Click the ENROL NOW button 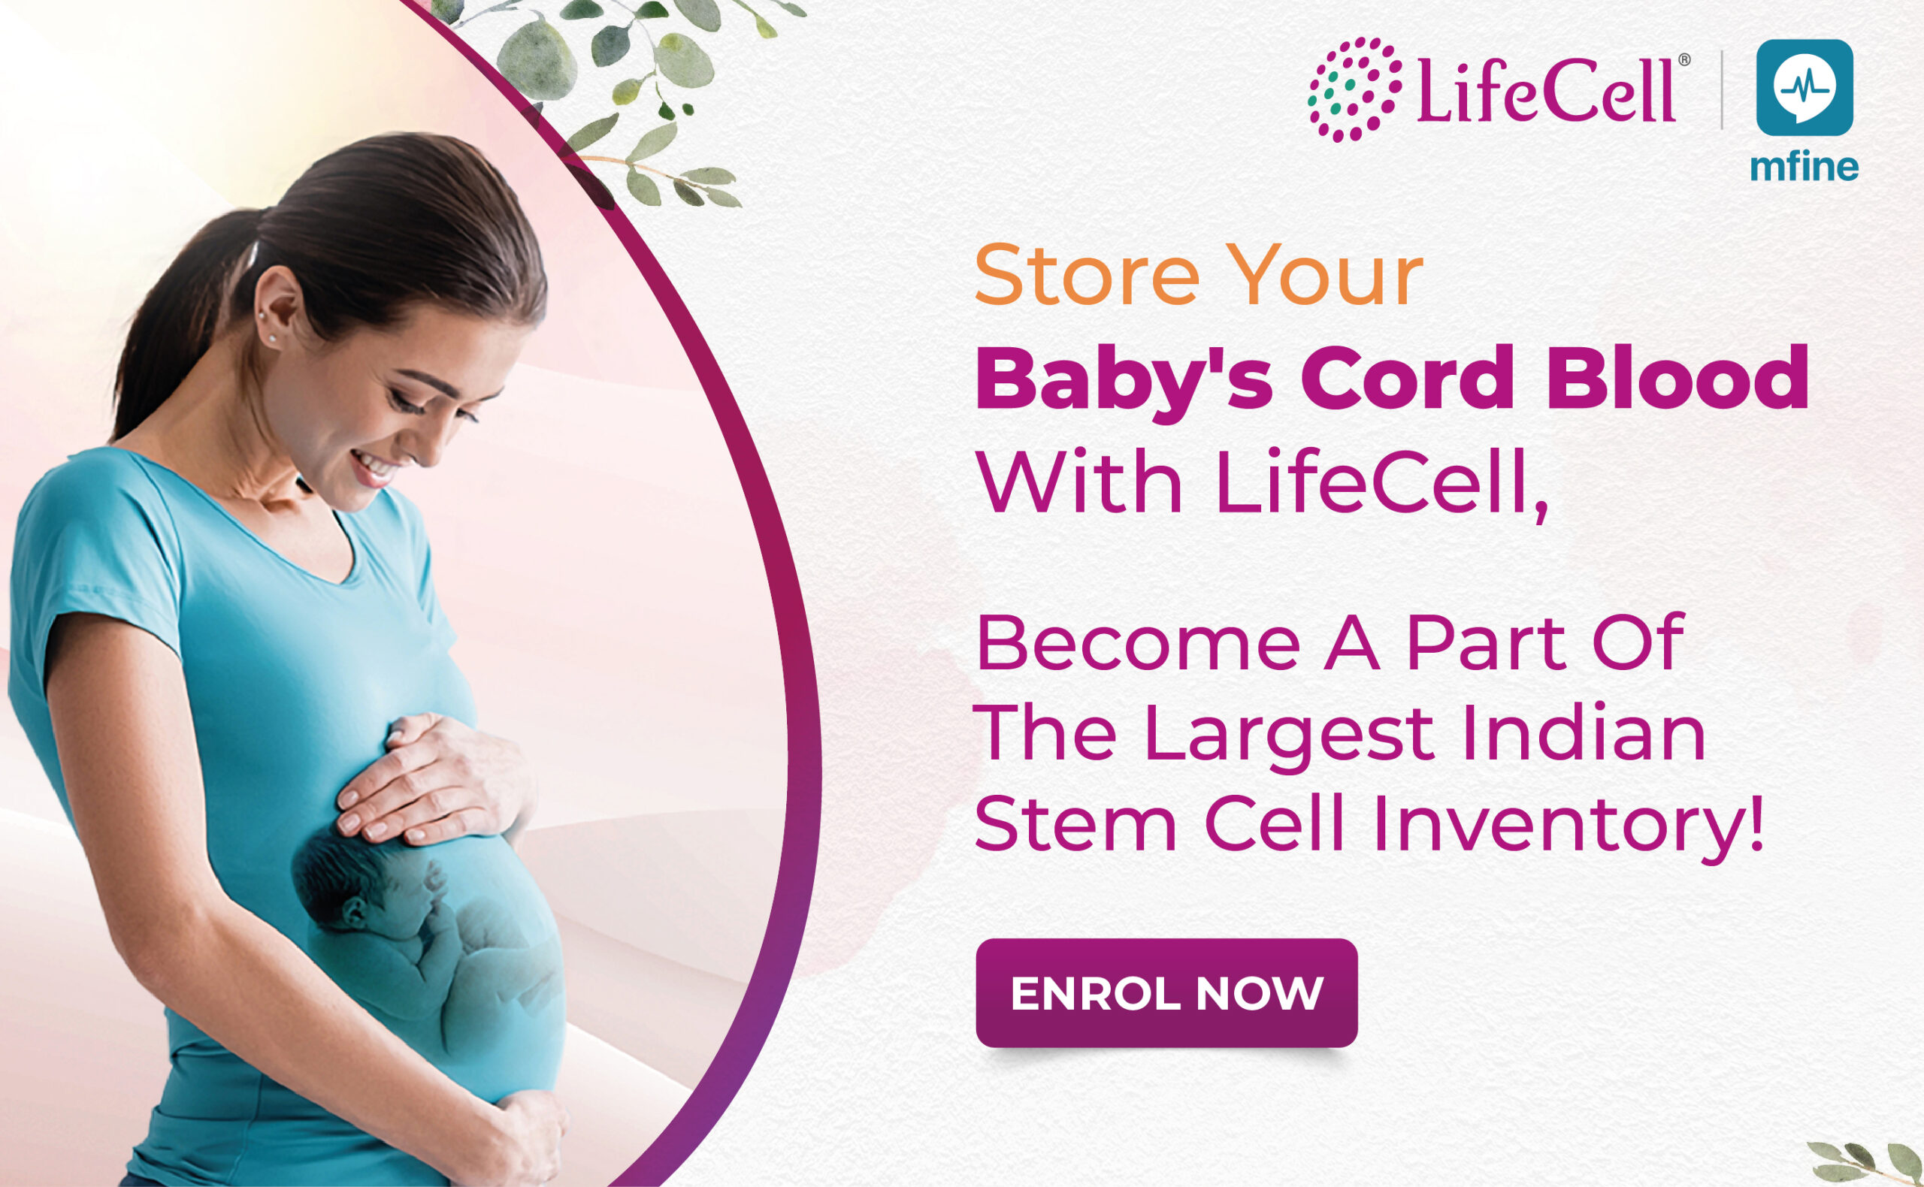pos(1166,992)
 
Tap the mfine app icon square pos(1805,88)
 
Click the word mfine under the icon pos(1804,167)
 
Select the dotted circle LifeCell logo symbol pos(1354,89)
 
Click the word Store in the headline pos(1087,276)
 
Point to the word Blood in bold pos(1678,379)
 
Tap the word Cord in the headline pos(1407,379)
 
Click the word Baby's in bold pos(1123,382)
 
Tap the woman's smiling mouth pos(371,467)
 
